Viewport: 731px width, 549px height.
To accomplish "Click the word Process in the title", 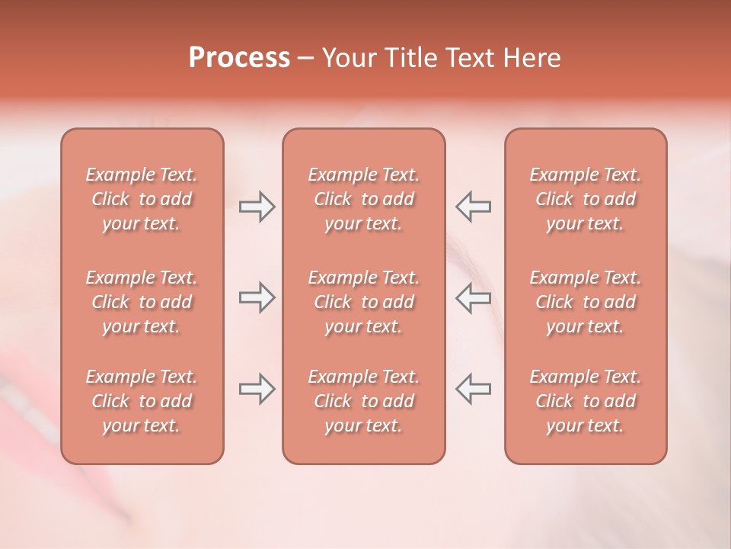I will pyautogui.click(x=239, y=58).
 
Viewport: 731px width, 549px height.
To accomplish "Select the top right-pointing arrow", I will pyautogui.click(x=257, y=207).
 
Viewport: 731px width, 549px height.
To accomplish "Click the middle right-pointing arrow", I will pyautogui.click(x=257, y=298).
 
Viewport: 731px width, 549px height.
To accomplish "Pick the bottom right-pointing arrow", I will pyautogui.click(x=257, y=389).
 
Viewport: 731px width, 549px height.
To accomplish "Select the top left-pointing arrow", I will pyautogui.click(x=473, y=207).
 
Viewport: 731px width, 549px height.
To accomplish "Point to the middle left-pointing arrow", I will pyautogui.click(x=473, y=298).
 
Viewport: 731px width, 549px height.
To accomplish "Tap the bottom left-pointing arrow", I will pyautogui.click(x=473, y=389).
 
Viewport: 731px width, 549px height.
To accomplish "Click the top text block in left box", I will pyautogui.click(x=142, y=199).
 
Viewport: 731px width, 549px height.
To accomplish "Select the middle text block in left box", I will pyautogui.click(x=142, y=302).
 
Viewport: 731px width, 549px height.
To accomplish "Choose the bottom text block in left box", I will pyautogui.click(x=142, y=401).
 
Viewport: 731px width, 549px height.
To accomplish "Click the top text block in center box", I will pyautogui.click(x=363, y=199).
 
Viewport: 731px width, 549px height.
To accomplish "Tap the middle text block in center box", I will pyautogui.click(x=363, y=302).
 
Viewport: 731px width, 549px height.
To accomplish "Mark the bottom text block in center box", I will pyautogui.click(x=363, y=401).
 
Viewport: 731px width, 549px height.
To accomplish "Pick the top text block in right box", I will pyautogui.click(x=585, y=199).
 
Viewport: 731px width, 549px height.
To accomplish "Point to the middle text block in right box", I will pyautogui.click(x=585, y=302).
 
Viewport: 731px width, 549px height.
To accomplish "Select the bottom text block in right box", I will pyautogui.click(x=585, y=401).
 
